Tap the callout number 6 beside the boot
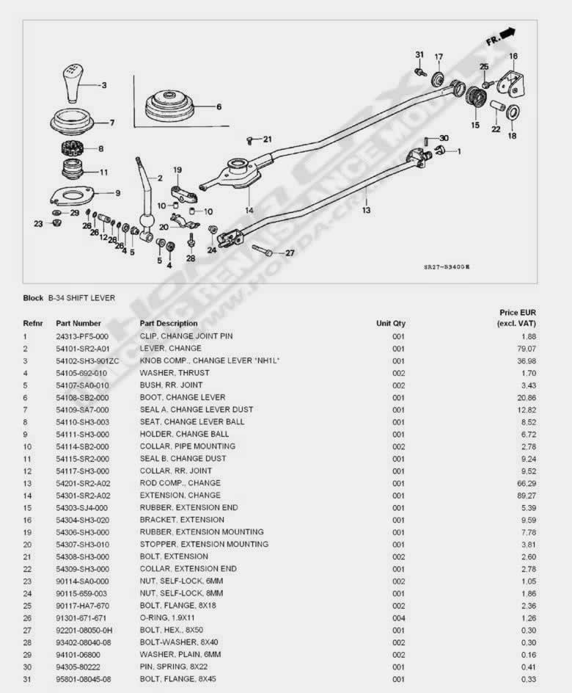point(219,106)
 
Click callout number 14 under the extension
point(249,211)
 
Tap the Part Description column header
point(169,323)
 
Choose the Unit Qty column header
point(391,323)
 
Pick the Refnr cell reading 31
point(27,679)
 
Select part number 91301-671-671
point(81,617)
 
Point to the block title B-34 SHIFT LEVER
point(81,298)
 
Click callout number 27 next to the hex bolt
point(289,253)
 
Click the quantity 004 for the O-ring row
point(398,617)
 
